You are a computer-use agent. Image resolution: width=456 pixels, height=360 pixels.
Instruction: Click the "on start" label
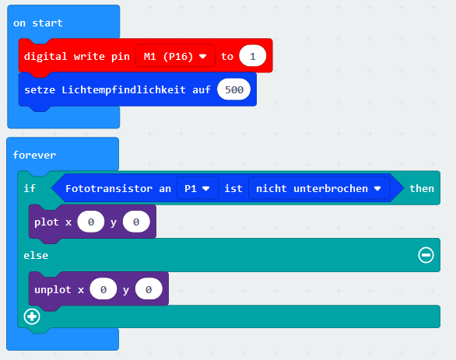click(x=37, y=23)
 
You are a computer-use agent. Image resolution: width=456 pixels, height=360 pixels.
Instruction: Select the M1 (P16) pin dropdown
click(x=176, y=57)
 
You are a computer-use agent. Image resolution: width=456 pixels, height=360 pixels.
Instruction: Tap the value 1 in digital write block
click(x=252, y=57)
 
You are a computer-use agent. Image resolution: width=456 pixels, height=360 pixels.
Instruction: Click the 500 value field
click(x=233, y=89)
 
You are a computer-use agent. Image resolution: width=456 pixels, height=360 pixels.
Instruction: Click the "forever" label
click(x=34, y=155)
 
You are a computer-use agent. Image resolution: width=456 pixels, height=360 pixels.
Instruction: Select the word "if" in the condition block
click(x=30, y=189)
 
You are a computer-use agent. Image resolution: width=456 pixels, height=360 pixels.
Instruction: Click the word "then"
click(x=422, y=189)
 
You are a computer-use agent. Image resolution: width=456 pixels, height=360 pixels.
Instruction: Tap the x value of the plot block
click(x=91, y=222)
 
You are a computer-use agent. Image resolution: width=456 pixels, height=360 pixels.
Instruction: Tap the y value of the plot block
click(x=136, y=222)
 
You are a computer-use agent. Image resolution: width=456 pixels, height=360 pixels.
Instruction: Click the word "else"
click(x=37, y=255)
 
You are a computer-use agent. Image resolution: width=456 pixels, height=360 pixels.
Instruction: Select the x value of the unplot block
click(x=103, y=289)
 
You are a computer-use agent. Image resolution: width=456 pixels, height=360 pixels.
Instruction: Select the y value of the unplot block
click(x=147, y=289)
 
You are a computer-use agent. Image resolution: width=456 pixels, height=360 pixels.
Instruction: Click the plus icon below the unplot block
click(x=32, y=316)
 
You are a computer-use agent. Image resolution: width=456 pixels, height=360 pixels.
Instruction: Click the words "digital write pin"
click(x=77, y=57)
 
